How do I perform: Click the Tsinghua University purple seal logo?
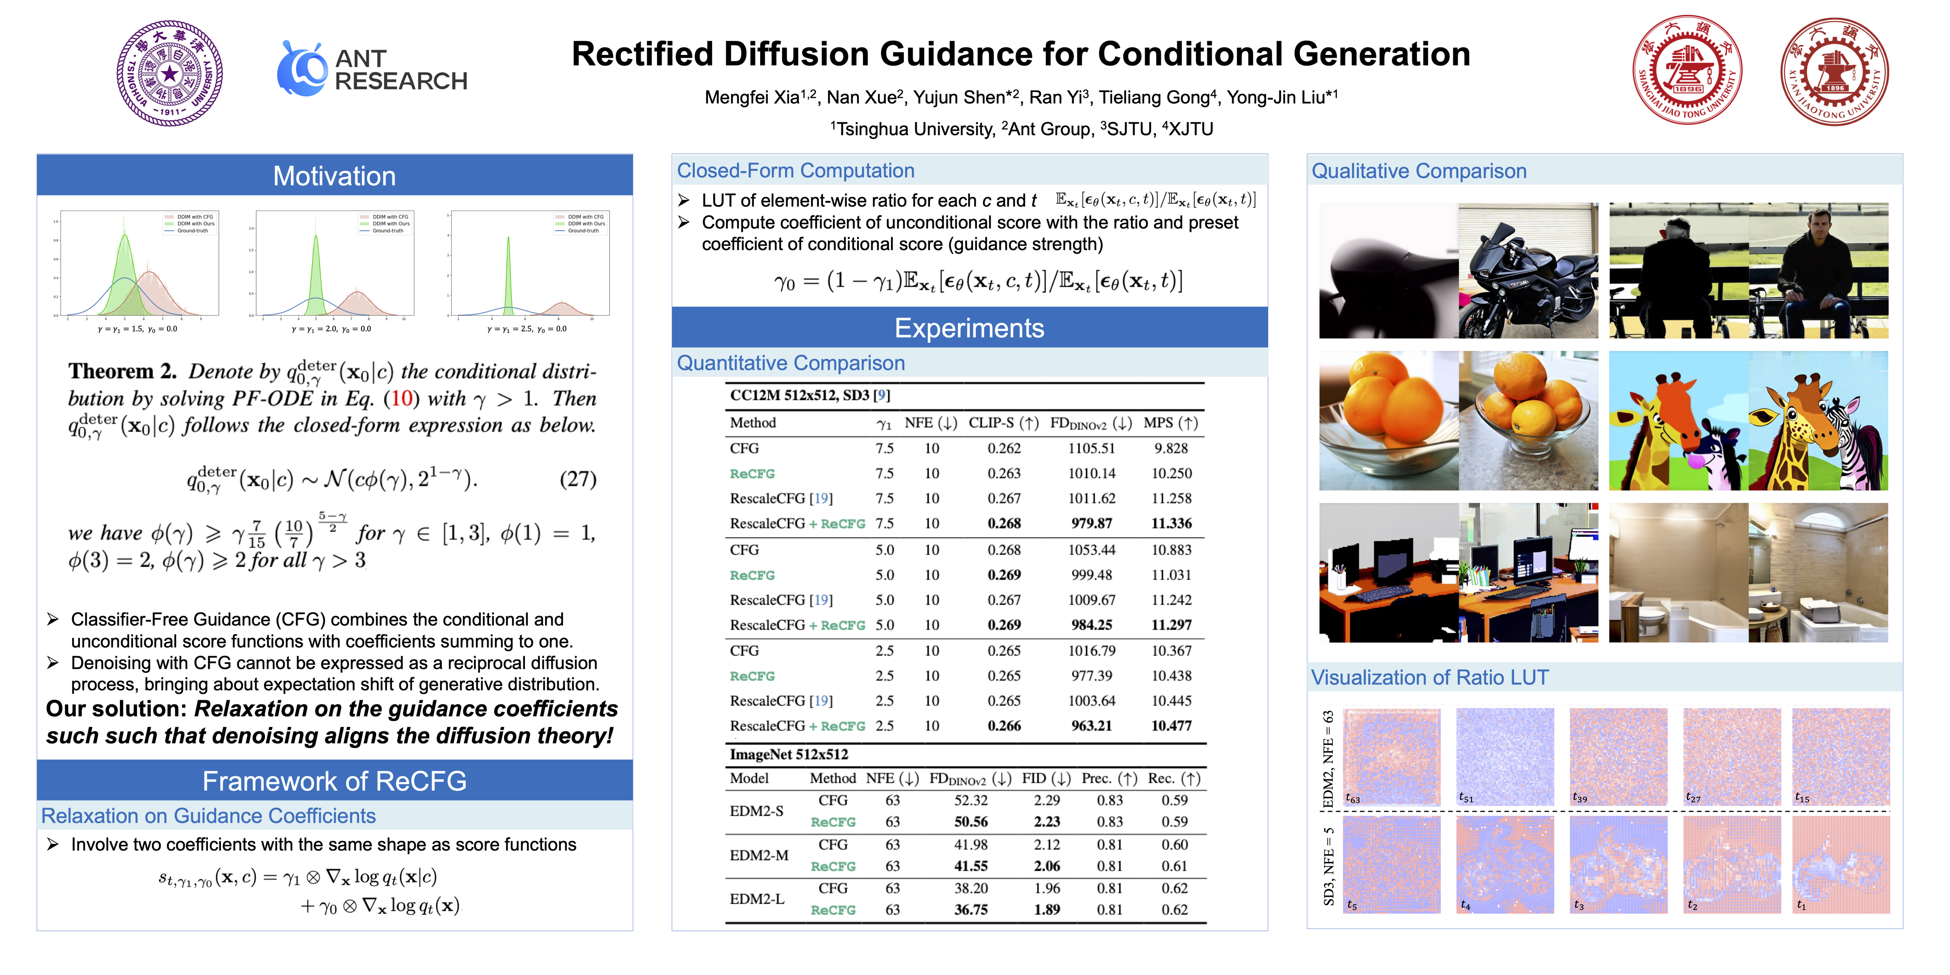(169, 74)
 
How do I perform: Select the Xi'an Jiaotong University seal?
(1834, 71)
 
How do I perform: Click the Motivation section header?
(335, 176)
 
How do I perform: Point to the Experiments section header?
(969, 328)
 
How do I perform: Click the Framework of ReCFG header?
(335, 780)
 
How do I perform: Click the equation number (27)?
(578, 479)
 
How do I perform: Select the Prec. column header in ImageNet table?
(1109, 778)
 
